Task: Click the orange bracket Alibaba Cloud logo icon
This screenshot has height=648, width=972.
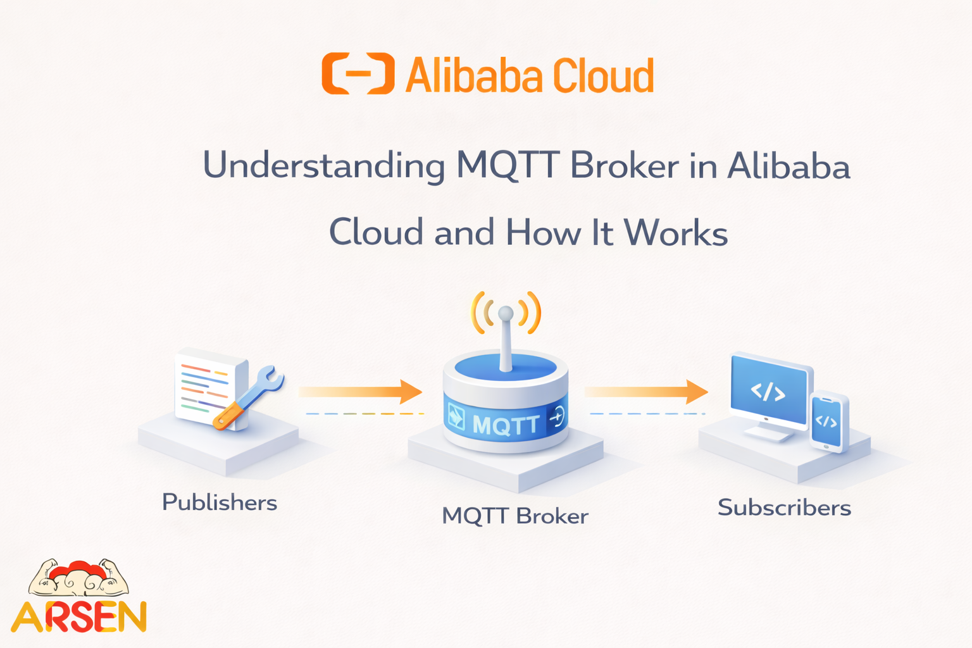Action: (x=358, y=74)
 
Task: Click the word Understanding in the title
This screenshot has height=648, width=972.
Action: (x=323, y=166)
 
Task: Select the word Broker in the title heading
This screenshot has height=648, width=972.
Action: (x=625, y=166)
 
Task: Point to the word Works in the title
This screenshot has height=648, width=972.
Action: (x=676, y=232)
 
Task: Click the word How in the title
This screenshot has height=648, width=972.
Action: (x=542, y=232)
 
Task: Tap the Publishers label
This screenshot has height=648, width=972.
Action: (x=220, y=502)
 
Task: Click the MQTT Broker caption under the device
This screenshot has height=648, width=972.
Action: (x=514, y=516)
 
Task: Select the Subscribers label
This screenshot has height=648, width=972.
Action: (x=784, y=508)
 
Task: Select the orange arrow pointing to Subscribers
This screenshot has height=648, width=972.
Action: (x=645, y=392)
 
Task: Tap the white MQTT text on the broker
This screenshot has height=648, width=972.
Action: (x=506, y=424)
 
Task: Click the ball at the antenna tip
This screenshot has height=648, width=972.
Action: (x=506, y=313)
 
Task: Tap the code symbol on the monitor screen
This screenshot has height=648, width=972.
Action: (x=768, y=392)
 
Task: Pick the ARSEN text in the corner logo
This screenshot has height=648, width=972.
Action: (x=79, y=617)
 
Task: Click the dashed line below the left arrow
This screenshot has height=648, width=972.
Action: (x=364, y=414)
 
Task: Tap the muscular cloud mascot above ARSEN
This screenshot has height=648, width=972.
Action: (x=78, y=578)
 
